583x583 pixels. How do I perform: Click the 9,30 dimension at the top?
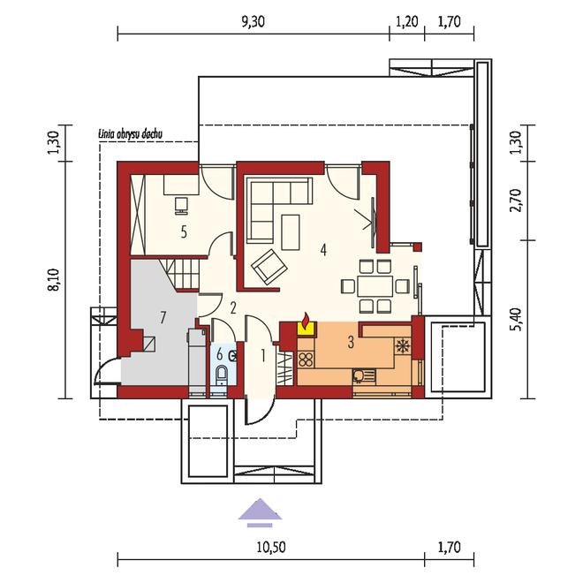click(x=253, y=22)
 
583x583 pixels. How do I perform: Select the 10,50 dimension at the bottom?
click(x=271, y=548)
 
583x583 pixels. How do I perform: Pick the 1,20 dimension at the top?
click(x=407, y=22)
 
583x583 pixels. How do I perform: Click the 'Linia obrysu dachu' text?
click(x=130, y=134)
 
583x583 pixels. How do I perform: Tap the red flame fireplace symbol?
click(x=307, y=322)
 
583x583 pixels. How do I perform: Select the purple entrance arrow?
click(x=260, y=512)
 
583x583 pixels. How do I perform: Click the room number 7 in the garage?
click(x=163, y=318)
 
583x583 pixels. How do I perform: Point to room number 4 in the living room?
click(x=323, y=250)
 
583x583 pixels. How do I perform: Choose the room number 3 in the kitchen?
click(x=351, y=343)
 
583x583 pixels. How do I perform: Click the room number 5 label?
click(x=184, y=232)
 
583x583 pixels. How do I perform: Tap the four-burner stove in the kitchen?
click(x=306, y=360)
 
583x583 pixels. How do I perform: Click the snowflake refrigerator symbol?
click(x=402, y=346)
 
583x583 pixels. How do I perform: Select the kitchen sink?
click(x=364, y=376)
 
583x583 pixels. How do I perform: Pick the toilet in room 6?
click(x=222, y=375)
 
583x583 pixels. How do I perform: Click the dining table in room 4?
click(x=375, y=286)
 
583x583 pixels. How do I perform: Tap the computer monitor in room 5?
click(x=181, y=206)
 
